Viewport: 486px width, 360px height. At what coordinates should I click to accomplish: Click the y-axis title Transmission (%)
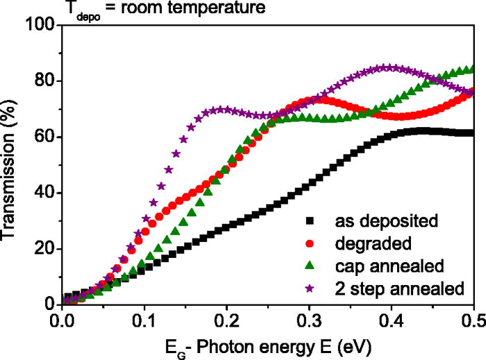(12, 166)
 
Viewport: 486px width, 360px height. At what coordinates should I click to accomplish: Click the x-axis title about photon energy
(267, 345)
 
